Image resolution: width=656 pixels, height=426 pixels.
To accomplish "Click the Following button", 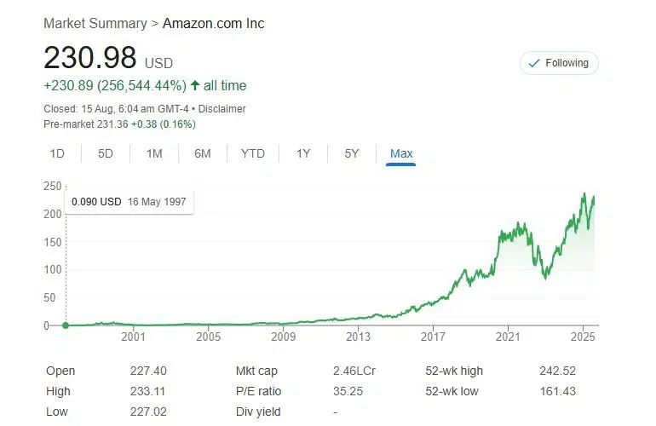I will point(559,63).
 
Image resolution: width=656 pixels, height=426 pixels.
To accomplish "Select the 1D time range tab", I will point(57,153).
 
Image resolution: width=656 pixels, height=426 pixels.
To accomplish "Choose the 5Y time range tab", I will point(351,153).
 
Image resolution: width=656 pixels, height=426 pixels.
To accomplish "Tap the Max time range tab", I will point(400,153).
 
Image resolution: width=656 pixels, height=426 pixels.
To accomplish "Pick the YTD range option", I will point(252,153).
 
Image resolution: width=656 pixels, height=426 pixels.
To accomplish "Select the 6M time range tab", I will point(202,153).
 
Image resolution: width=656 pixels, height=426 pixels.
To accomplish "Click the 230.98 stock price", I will point(89,58).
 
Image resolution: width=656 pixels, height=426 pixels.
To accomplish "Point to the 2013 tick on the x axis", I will point(358,337).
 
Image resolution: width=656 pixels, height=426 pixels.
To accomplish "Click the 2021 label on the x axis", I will point(508,337).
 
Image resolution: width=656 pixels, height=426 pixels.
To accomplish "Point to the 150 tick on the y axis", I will point(54,242).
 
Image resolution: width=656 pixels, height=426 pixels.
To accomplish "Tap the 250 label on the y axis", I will point(54,186).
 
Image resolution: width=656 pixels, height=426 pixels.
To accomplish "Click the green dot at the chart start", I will point(66,325).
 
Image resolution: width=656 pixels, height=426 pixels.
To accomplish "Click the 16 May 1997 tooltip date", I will point(157,202).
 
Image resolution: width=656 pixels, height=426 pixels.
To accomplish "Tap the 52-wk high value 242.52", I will point(556,371).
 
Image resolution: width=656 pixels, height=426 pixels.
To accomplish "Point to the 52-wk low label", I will point(452,392).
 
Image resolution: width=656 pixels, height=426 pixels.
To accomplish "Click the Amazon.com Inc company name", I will point(213,23).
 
